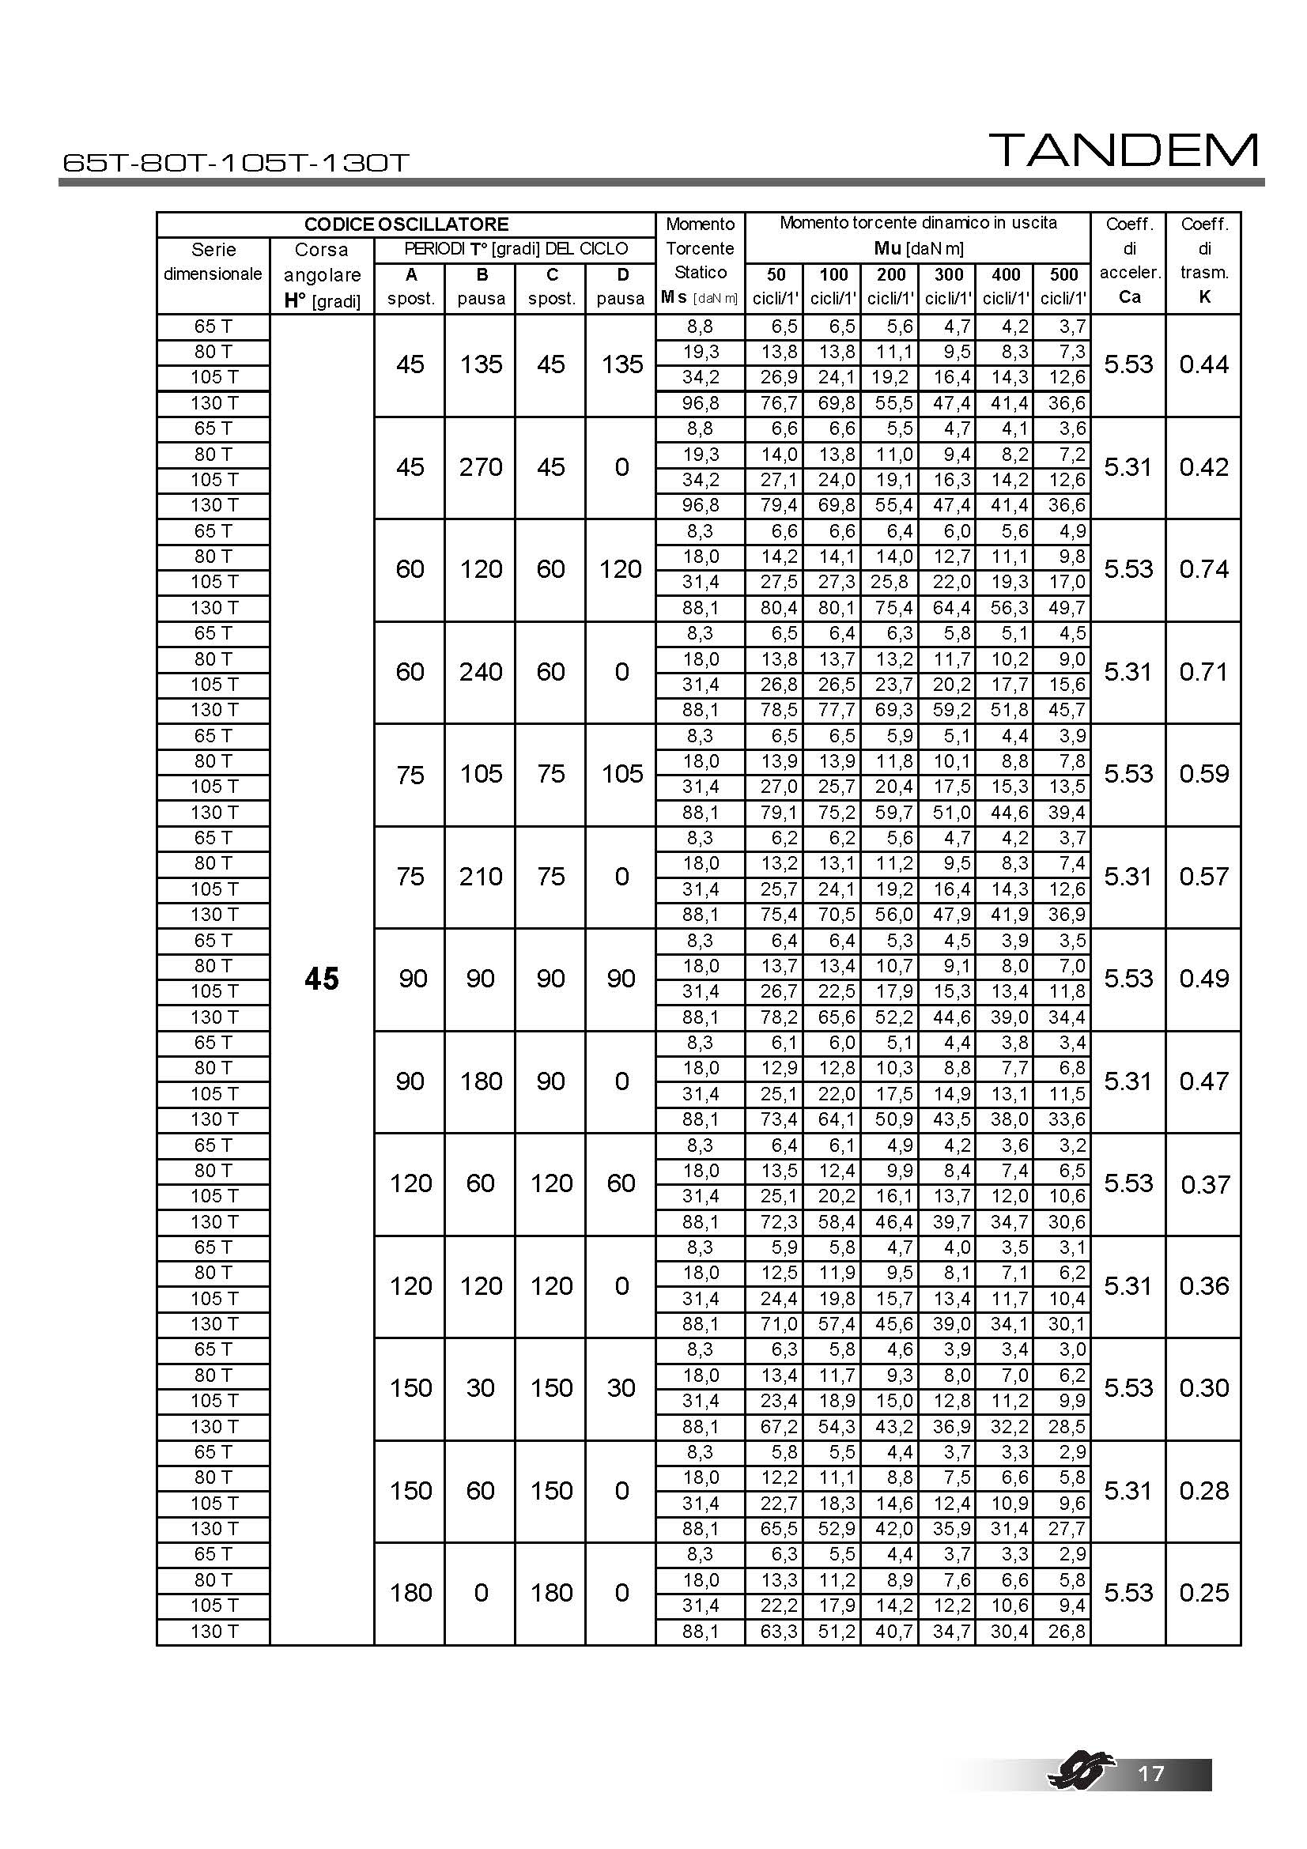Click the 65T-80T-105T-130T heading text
[x=236, y=163]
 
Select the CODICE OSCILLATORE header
[x=406, y=225]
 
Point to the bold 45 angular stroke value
[x=321, y=979]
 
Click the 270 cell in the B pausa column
[x=481, y=467]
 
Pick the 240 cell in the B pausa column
[x=481, y=672]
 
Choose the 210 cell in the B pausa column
[x=481, y=876]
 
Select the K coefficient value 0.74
[x=1204, y=569]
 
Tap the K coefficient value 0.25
[x=1204, y=1592]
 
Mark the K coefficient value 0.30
[x=1204, y=1387]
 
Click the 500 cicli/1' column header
[x=1063, y=286]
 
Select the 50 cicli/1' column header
[x=775, y=286]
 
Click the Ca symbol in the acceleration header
[x=1129, y=297]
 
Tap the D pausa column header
[x=621, y=286]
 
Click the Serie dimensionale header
[x=213, y=262]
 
